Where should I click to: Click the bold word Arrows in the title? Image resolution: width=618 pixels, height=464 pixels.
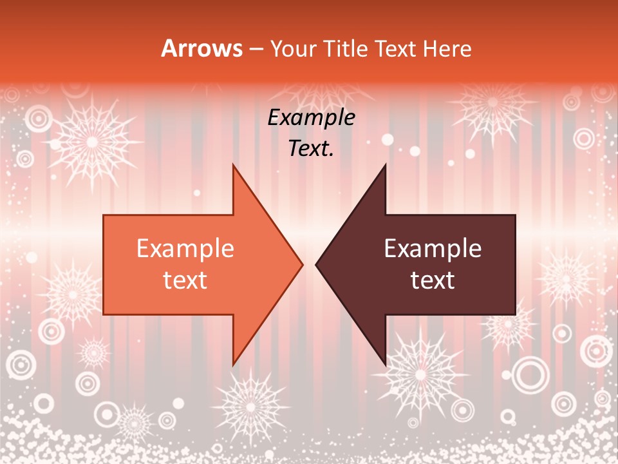pyautogui.click(x=202, y=49)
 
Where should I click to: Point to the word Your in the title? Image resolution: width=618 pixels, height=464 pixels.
pyautogui.click(x=294, y=49)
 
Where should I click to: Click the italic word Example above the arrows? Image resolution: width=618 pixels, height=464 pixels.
pyautogui.click(x=312, y=118)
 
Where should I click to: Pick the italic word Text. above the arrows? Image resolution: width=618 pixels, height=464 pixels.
pyautogui.click(x=312, y=149)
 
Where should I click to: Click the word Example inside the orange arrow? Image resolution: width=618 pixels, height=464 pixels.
pyautogui.click(x=185, y=249)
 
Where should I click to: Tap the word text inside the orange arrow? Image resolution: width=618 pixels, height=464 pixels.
pyautogui.click(x=185, y=280)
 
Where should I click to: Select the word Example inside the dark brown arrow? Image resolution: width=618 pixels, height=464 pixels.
pyautogui.click(x=433, y=249)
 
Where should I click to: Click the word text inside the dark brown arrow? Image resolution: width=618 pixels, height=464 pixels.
pyautogui.click(x=433, y=280)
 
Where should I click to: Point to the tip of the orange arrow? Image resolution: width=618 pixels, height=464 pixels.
pyautogui.click(x=303, y=264)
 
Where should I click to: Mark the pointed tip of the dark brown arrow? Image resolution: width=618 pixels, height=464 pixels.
pyautogui.click(x=316, y=264)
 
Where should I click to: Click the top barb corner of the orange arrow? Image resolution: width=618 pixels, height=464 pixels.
pyautogui.click(x=233, y=164)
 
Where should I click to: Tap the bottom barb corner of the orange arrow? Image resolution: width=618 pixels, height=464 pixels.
pyautogui.click(x=233, y=365)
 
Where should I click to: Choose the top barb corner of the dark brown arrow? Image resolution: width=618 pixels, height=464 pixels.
pyautogui.click(x=386, y=164)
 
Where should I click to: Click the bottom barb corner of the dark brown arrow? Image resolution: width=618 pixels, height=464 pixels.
pyautogui.click(x=386, y=365)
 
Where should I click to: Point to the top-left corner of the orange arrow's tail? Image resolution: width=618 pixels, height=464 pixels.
pyautogui.click(x=104, y=215)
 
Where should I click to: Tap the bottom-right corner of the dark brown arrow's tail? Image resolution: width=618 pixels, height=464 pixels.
pyautogui.click(x=515, y=314)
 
